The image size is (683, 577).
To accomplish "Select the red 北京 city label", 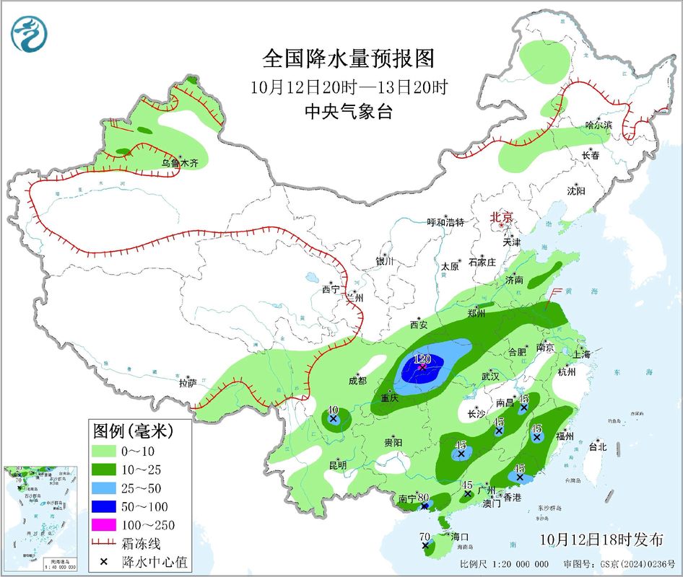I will (501, 217).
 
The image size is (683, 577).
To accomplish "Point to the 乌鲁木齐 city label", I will (179, 164).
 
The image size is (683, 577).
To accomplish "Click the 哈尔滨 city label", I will (599, 125).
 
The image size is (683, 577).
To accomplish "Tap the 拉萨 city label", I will (188, 384).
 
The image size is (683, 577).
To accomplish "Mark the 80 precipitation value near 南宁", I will (423, 497).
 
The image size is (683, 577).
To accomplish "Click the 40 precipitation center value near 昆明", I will (333, 409).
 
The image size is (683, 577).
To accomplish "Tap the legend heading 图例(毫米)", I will (130, 431).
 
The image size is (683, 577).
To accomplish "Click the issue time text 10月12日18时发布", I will (601, 539).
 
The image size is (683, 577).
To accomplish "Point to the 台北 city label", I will (598, 447).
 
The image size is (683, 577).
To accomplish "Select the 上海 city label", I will (582, 354).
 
